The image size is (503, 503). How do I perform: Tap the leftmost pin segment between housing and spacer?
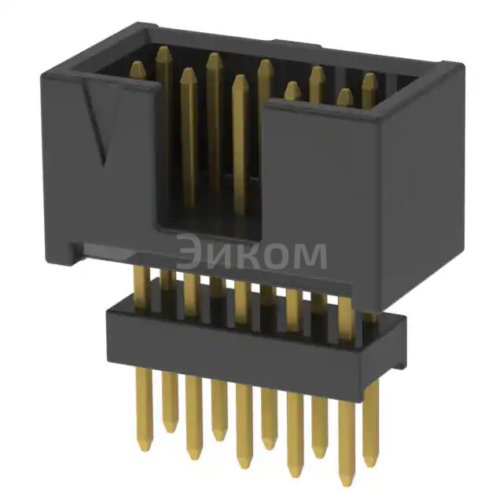[x=141, y=283]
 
